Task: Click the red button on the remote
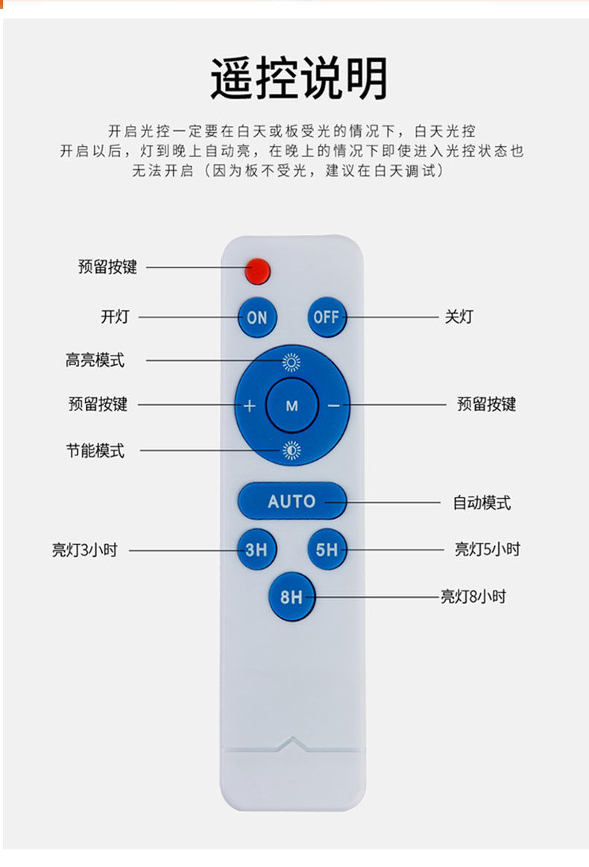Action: click(x=257, y=271)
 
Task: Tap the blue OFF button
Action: click(x=327, y=317)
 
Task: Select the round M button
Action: click(x=292, y=406)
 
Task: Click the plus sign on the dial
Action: click(x=250, y=406)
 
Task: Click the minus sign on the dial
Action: click(x=333, y=406)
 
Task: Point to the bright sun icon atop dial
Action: click(x=292, y=363)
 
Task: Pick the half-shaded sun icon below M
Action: click(x=292, y=450)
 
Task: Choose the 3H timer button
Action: click(x=256, y=550)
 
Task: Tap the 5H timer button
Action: click(x=327, y=550)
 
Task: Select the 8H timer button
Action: click(x=292, y=596)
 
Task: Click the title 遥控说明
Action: click(x=298, y=78)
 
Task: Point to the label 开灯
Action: click(x=115, y=317)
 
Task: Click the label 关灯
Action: click(x=459, y=317)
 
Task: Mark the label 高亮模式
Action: click(x=95, y=361)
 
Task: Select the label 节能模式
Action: click(x=95, y=450)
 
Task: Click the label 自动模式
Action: click(x=482, y=502)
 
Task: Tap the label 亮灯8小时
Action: click(x=473, y=596)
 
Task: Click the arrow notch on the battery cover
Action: click(x=292, y=744)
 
